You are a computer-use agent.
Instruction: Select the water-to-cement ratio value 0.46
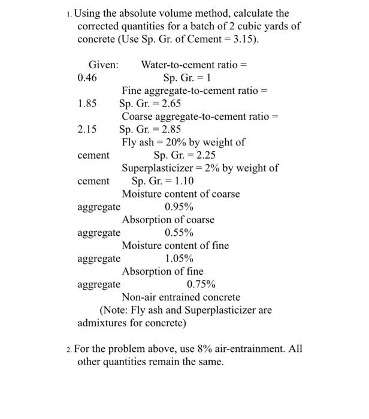coord(87,78)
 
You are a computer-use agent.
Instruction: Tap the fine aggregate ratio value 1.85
coord(87,104)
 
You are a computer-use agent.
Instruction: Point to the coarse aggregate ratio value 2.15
coord(87,129)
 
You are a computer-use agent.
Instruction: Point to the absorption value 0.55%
coord(179,233)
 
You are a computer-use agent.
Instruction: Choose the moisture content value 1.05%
coord(179,259)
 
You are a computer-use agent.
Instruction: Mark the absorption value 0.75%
coord(201,284)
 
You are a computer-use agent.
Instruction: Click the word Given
coord(103,65)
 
